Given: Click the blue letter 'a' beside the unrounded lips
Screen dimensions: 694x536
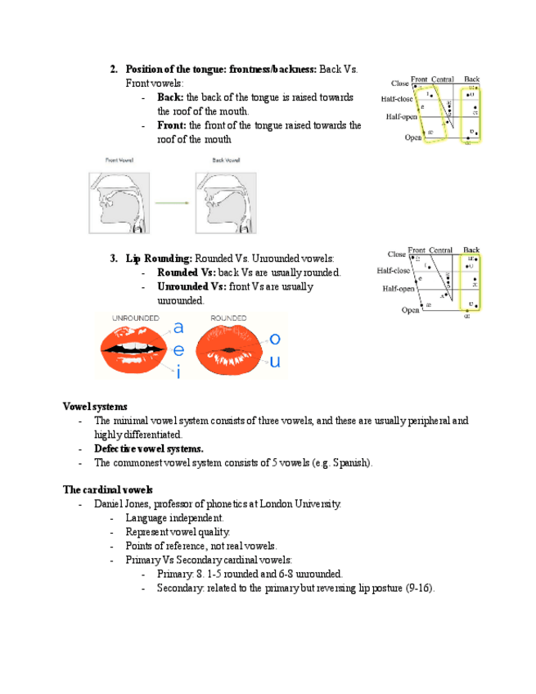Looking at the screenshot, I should point(178,327).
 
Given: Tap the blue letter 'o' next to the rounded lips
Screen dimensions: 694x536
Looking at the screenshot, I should point(275,338).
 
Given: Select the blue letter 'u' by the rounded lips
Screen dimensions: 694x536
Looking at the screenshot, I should point(275,361).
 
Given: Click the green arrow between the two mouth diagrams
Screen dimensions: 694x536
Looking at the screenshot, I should point(171,203).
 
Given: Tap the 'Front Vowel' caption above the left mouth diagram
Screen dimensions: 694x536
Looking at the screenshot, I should point(119,160).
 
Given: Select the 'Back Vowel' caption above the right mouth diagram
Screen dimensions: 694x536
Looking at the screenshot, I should point(225,160).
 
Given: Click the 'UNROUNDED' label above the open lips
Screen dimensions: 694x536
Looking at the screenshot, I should point(136,318).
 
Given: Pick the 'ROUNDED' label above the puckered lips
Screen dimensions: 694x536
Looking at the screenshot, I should point(229,318).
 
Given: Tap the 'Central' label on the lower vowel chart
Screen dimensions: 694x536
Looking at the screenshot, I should point(441,250).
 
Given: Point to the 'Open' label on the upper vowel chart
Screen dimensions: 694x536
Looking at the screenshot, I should point(413,137).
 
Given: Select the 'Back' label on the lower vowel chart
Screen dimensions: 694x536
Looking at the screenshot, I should point(471,250).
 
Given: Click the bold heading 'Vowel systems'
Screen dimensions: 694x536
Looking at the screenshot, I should point(94,406).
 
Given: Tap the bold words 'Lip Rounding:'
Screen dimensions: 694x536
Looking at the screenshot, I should point(159,259).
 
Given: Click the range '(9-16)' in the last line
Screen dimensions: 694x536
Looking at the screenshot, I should point(420,588).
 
